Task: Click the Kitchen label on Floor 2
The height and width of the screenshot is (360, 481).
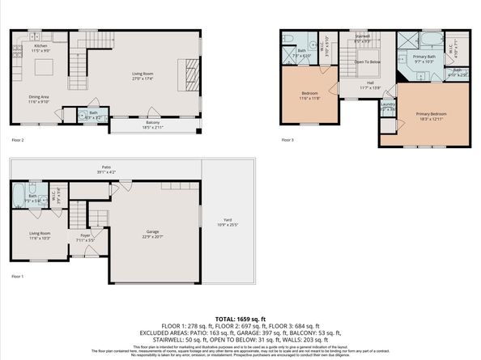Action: coord(19,48)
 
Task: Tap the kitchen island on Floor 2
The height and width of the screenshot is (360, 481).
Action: coord(45,66)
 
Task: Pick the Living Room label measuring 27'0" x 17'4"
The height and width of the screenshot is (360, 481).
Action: coord(143,76)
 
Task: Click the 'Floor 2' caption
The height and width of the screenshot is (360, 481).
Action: coord(18,140)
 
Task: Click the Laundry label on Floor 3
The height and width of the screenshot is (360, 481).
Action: coord(388,105)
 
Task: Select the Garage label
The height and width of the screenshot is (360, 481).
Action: coord(153,233)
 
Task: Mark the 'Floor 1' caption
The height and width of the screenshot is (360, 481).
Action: coord(18,277)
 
